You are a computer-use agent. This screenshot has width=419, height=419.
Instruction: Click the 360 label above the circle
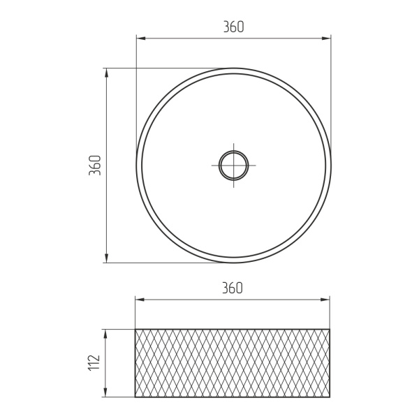[233, 27]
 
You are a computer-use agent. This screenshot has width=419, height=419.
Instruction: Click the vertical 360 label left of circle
[95, 165]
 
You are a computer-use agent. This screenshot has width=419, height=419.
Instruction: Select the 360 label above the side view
[233, 288]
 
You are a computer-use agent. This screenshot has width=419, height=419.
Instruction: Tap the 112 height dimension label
[94, 362]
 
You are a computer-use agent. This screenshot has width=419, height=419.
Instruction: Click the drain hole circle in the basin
[233, 152]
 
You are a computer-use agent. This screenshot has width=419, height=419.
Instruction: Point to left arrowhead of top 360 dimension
[141, 38]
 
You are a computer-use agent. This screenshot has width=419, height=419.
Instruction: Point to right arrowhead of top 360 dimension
[326, 38]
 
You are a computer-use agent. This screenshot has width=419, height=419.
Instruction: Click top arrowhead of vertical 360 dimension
[106, 73]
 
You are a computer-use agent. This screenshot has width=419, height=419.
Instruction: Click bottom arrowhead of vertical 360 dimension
[106, 258]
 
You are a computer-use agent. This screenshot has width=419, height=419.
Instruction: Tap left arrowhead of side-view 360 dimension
[140, 300]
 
